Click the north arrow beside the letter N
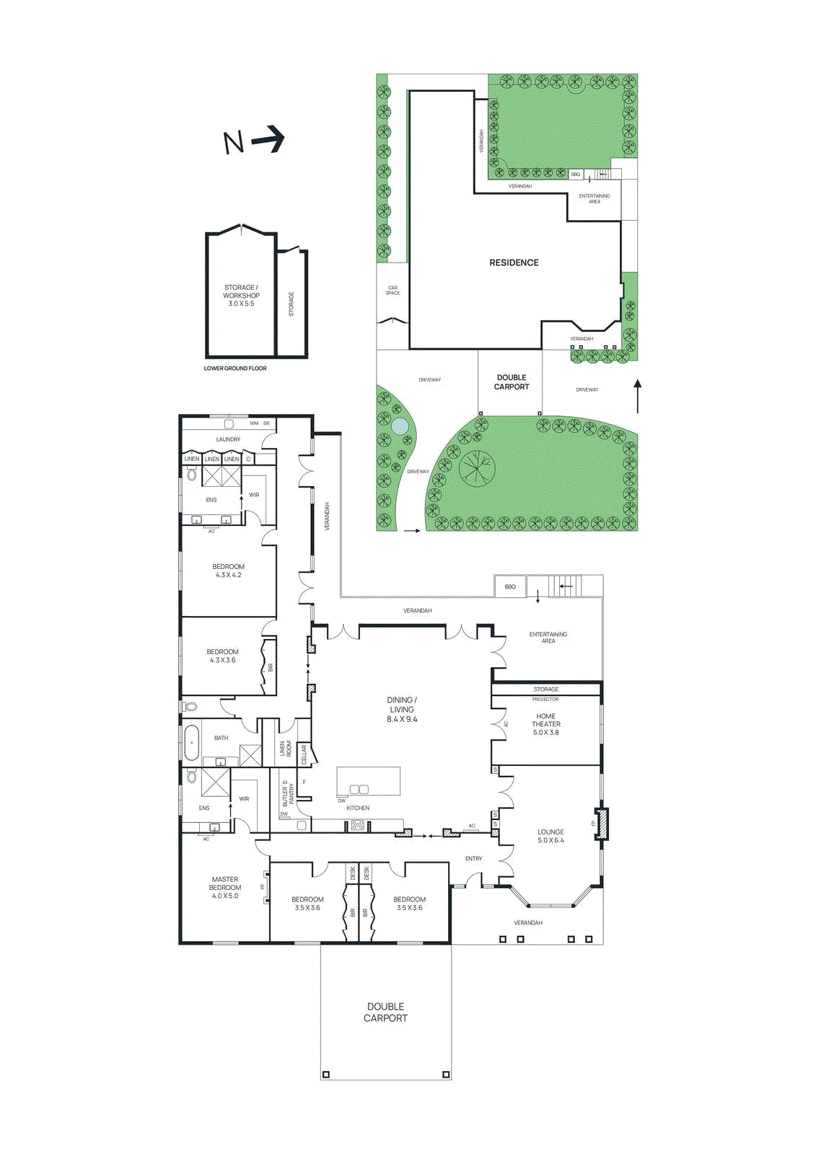pos(268,138)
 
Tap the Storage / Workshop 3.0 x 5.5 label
pos(241,295)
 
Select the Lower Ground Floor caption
pos(235,369)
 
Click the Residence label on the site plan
pos(514,263)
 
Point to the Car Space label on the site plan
pos(392,291)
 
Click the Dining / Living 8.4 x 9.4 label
pos(402,710)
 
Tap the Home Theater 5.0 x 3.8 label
pos(546,724)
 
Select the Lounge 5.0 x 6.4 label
pos(550,836)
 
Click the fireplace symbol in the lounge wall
pos(601,823)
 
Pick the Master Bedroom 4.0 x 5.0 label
pos(225,888)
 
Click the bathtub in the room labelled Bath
pos(192,743)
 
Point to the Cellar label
pos(304,754)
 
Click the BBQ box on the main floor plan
pos(510,586)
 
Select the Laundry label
pos(228,439)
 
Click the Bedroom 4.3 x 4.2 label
pos(228,571)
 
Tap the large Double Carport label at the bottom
pos(385,1012)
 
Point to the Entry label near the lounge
pos(473,858)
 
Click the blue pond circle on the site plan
pos(399,426)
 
